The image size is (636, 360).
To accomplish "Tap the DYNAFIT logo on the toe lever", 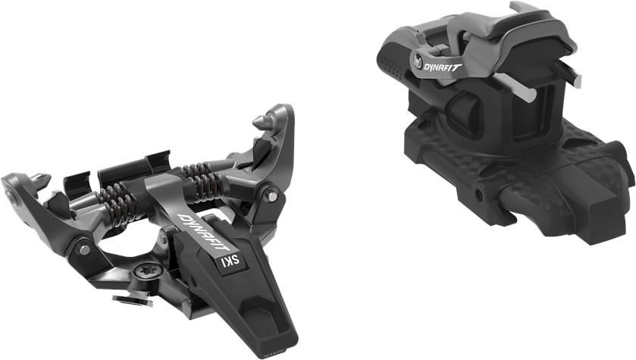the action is pyautogui.click(x=204, y=232).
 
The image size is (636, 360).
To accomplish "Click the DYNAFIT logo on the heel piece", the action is pyautogui.click(x=443, y=66).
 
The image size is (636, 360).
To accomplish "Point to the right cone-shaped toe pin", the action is pyautogui.click(x=262, y=121).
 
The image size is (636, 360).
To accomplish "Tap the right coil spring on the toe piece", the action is pyautogui.click(x=203, y=182).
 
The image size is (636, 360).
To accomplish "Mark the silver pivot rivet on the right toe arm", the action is pyautogui.click(x=273, y=196).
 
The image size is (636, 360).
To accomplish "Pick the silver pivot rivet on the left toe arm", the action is pyautogui.click(x=85, y=250).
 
